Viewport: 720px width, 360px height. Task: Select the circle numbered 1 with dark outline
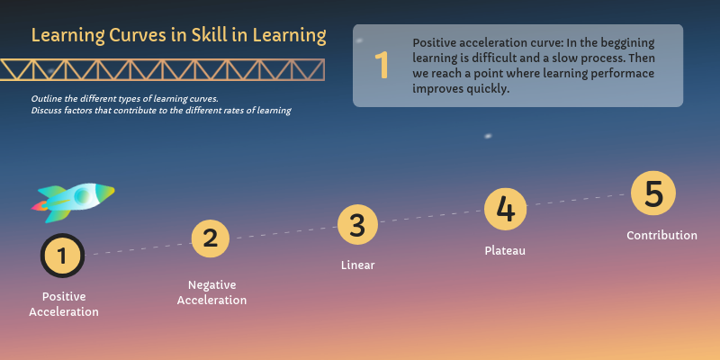(x=62, y=256)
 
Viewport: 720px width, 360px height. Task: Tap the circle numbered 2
(x=211, y=238)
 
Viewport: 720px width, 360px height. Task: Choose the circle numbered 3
(x=357, y=225)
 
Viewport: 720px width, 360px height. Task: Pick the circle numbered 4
(x=505, y=210)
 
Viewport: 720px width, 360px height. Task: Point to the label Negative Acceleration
(x=211, y=292)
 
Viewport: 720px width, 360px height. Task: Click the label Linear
(x=357, y=265)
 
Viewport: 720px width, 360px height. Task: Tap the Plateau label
(x=505, y=251)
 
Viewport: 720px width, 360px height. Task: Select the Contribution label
(x=661, y=236)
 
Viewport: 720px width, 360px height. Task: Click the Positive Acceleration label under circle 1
(x=63, y=304)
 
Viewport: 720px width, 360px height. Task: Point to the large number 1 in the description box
(x=382, y=66)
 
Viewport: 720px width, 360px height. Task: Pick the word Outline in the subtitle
(x=48, y=97)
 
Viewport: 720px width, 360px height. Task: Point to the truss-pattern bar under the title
(x=163, y=69)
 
